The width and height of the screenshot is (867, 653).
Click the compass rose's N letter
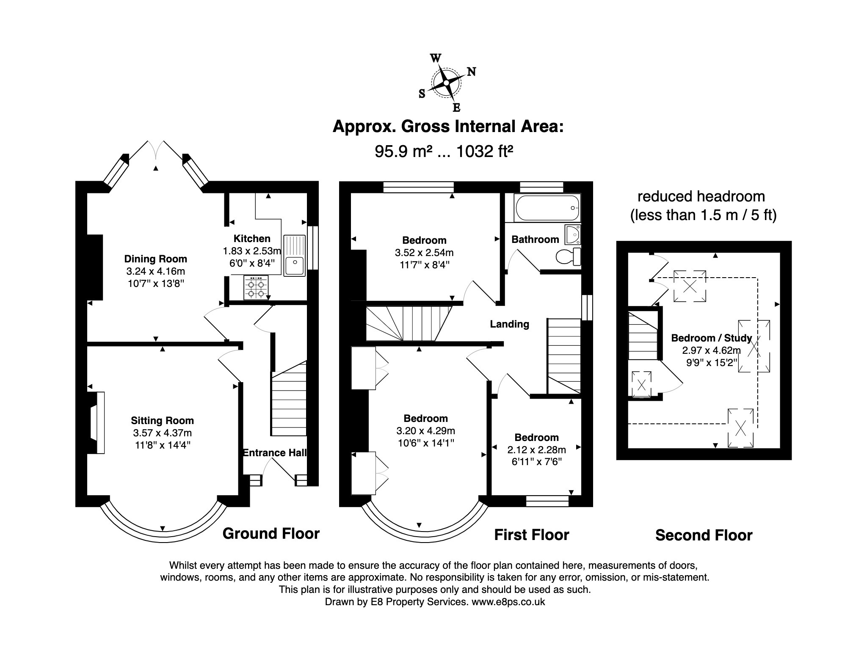(471, 72)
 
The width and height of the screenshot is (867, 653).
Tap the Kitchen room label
(252, 239)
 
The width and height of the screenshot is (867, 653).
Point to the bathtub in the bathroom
(547, 208)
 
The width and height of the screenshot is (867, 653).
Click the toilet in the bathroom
(568, 257)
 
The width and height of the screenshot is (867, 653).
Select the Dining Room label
(155, 259)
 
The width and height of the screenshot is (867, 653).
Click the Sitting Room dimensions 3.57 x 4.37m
(162, 433)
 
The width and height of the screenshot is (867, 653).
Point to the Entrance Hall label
(275, 453)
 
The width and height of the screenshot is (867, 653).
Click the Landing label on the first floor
(510, 324)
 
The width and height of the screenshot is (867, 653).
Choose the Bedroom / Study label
(712, 338)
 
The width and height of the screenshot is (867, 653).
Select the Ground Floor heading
(271, 534)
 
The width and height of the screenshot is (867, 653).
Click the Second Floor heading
(704, 535)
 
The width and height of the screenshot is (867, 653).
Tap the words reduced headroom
(701, 196)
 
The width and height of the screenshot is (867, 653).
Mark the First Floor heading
(532, 535)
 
